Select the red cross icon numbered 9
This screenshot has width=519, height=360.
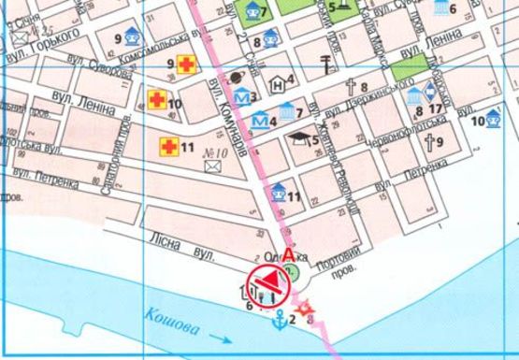pos(187,65)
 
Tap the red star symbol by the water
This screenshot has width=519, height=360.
pos(301,308)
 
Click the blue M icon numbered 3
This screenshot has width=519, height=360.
pos(242,96)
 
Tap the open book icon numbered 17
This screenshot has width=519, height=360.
pos(428,92)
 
